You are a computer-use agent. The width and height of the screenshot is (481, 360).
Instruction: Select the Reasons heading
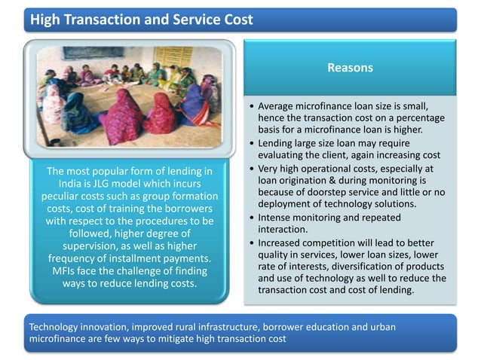350,68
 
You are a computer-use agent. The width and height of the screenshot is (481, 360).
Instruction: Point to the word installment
165,259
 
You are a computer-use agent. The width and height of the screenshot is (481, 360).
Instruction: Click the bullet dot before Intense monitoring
250,218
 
